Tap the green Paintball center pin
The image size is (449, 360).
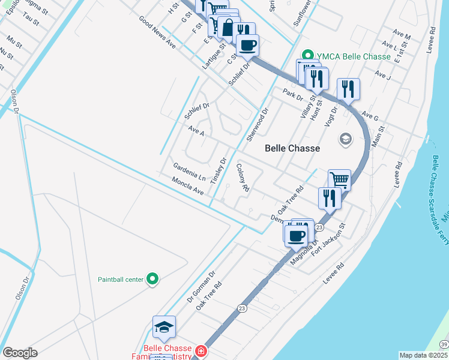pos(152,279)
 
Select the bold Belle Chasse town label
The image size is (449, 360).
pos(292,148)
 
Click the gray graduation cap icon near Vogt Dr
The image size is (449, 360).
pos(345,139)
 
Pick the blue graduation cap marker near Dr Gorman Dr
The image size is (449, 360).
pos(164,327)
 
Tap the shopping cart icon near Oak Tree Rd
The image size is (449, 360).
pos(339,179)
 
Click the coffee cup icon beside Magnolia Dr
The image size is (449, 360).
pos(296,235)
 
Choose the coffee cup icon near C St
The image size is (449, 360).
pos(247,44)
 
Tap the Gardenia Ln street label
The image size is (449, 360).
pos(189,172)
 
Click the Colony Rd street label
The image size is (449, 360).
pos(243,177)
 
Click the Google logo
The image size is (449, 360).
pos(20,353)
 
